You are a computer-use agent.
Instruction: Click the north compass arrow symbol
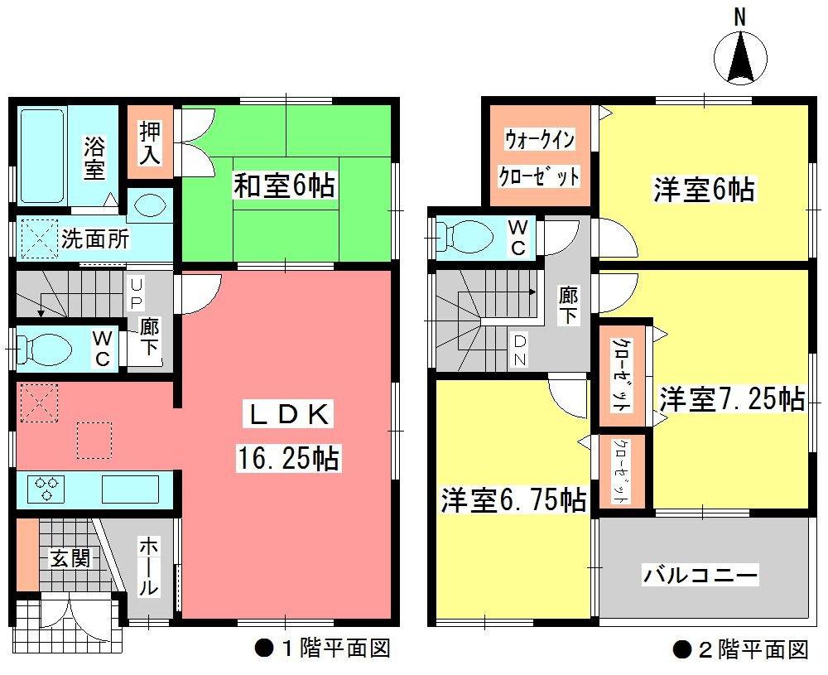coord(740,58)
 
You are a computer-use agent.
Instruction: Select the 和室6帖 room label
coord(285,186)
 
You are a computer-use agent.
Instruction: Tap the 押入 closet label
coord(150,142)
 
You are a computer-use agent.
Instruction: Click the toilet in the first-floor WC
coord(45,347)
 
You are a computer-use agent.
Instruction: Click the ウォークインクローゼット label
coord(537,157)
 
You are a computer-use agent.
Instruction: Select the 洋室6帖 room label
coord(703,190)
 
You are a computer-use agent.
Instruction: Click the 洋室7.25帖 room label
coord(732,400)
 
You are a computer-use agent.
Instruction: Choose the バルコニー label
coord(700,574)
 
